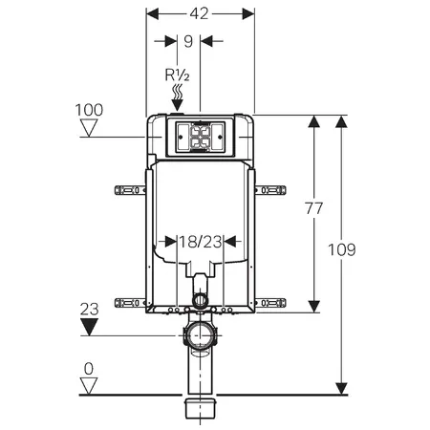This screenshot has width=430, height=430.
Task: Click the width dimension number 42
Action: point(199,13)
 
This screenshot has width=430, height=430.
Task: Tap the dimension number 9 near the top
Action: point(188,41)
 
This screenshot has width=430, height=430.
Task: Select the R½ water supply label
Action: point(177,75)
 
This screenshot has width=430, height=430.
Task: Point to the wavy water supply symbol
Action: point(178,91)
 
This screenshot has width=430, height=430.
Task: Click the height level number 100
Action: point(89,110)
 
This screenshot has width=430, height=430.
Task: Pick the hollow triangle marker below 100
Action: point(89,128)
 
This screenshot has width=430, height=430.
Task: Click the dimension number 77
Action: point(314,208)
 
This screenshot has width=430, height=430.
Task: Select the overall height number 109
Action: point(342,249)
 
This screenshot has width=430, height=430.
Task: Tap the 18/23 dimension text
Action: point(201,242)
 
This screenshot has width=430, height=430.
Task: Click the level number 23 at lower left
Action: point(89,310)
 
